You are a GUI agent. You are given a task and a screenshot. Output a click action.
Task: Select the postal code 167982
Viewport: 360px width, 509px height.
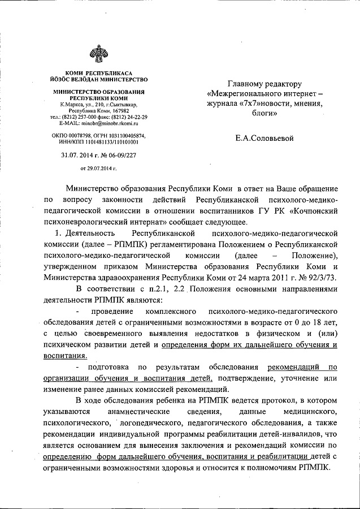(119, 111)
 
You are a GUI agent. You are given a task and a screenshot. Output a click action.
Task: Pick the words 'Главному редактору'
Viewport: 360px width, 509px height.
(264, 83)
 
